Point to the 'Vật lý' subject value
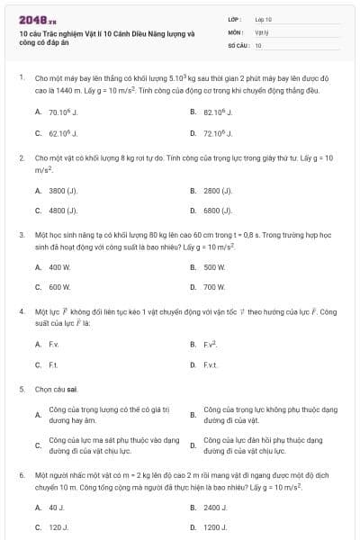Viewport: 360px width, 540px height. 261,31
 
